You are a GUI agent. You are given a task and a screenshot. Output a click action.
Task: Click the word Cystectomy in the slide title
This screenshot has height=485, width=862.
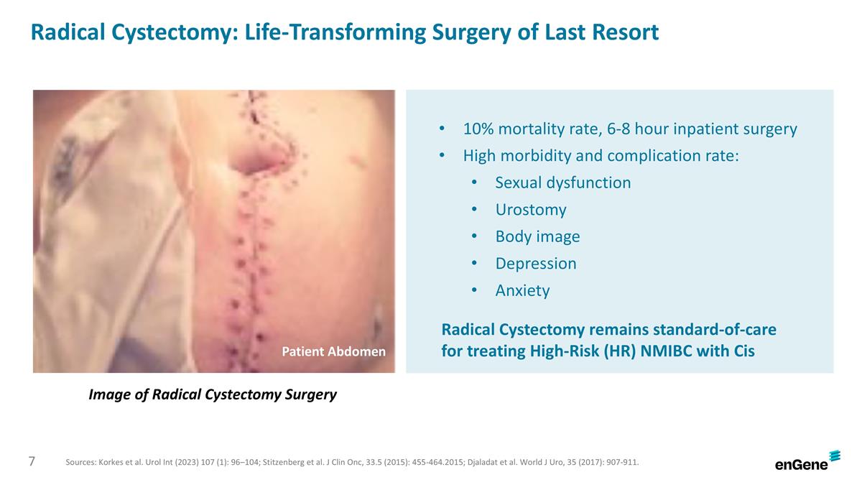coord(169,32)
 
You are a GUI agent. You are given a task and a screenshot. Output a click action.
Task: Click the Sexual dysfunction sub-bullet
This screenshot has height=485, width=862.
coord(562,183)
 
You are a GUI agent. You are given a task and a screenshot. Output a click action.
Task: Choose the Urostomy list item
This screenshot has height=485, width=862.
coord(530,210)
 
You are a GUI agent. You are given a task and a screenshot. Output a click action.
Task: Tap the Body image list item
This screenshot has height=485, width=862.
coord(537,236)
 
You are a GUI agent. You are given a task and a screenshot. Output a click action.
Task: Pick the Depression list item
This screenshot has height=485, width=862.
coord(535,264)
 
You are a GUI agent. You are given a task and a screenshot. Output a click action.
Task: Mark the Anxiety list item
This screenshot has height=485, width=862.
coord(522,290)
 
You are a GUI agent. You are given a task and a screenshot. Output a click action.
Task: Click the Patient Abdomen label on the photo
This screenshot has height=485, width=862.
coord(333,351)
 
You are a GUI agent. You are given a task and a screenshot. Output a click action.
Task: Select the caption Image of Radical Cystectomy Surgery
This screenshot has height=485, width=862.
coord(212,394)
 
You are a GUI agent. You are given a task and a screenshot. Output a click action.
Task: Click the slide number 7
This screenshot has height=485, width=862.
coord(32,461)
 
